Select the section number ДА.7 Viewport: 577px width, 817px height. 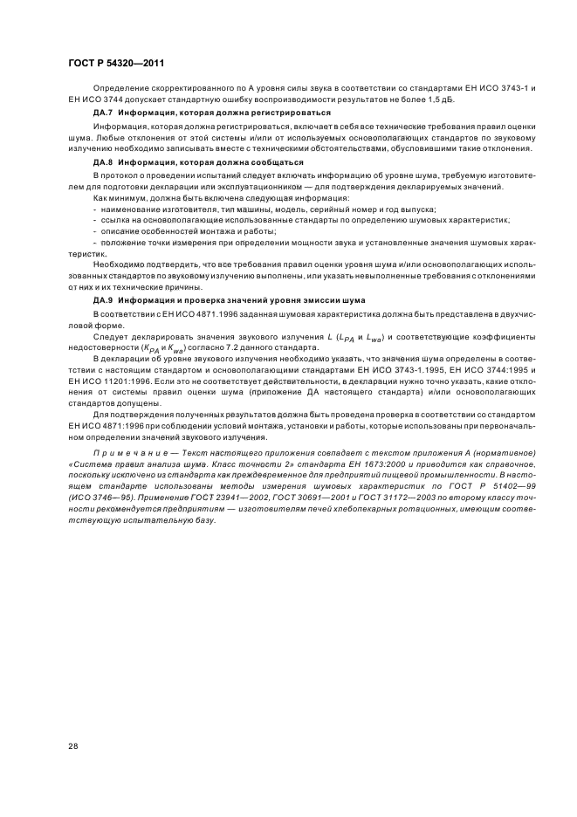point(105,113)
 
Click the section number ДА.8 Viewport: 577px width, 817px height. point(105,162)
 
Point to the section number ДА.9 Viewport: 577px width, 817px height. point(105,299)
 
